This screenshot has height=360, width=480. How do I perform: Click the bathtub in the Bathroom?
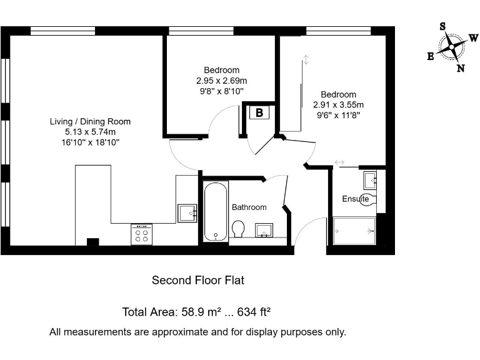click(216, 211)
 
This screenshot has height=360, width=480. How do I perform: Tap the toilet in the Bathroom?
click(237, 229)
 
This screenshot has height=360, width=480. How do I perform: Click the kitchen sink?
click(187, 213)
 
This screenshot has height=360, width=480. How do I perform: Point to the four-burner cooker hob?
click(141, 234)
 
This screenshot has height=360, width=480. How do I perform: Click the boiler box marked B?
click(259, 112)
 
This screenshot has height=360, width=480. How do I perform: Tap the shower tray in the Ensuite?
click(354, 231)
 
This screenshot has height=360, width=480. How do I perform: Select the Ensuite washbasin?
click(370, 180)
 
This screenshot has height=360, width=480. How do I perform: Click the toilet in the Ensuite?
click(369, 199)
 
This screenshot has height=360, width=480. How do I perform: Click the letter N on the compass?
click(461, 68)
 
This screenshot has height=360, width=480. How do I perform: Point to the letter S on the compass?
click(442, 26)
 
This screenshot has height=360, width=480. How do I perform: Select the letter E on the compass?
click(431, 56)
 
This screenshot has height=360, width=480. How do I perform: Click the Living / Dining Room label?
click(90, 121)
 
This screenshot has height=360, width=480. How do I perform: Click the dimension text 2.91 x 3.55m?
click(338, 105)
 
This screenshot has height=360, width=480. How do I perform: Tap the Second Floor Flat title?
click(198, 281)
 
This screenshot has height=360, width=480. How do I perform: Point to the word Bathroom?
click(249, 207)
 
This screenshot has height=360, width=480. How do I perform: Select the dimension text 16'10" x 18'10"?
click(90, 142)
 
